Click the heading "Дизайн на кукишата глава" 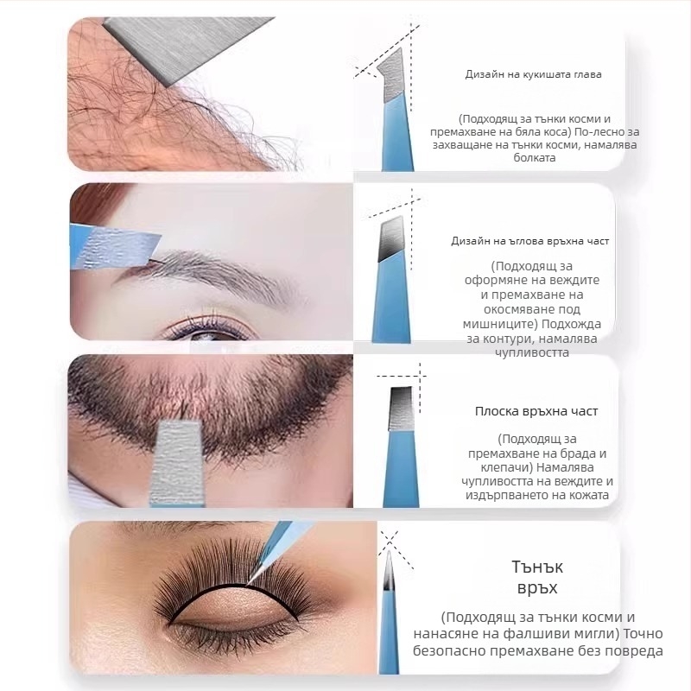pyautogui.click(x=533, y=74)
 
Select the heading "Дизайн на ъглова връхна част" pyautogui.click(x=529, y=241)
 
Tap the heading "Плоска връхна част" pyautogui.click(x=536, y=411)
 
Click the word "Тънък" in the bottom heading pyautogui.click(x=537, y=567)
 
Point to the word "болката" pyautogui.click(x=534, y=158)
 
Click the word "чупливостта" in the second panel pyautogui.click(x=532, y=353)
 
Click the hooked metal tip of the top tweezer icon pyautogui.click(x=392, y=76)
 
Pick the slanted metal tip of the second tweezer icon pyautogui.click(x=391, y=239)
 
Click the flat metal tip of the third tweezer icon pyautogui.click(x=402, y=409)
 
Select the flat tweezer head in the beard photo pyautogui.click(x=177, y=463)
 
